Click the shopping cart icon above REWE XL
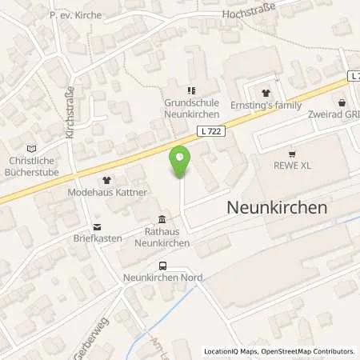point(292,154)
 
